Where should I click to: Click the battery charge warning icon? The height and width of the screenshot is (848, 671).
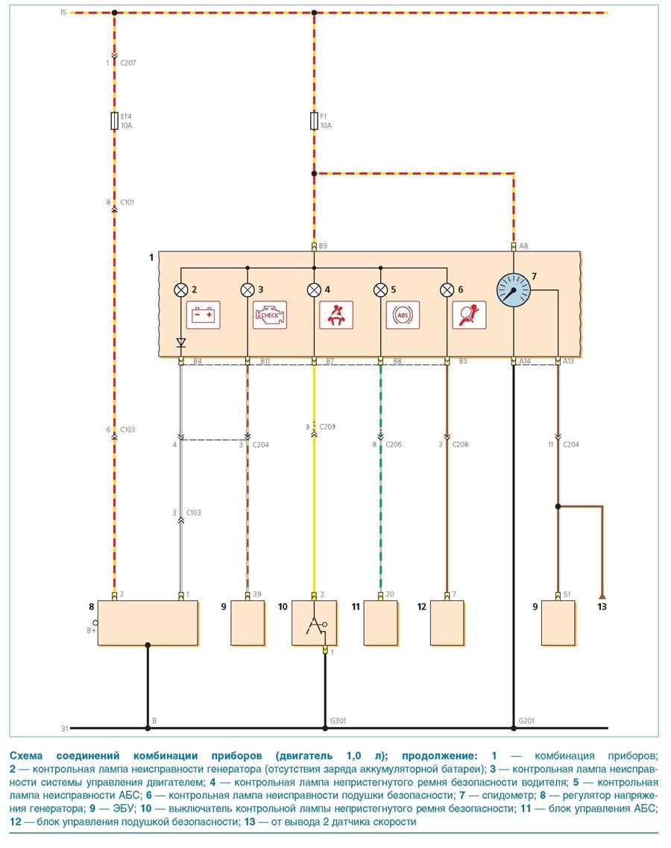click(204, 315)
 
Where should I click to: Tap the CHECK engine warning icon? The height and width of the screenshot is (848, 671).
click(269, 315)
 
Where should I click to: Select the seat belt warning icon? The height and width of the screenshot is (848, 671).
click(336, 315)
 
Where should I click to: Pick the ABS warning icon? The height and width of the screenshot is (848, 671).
click(403, 315)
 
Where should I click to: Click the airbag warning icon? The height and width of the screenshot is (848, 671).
click(469, 315)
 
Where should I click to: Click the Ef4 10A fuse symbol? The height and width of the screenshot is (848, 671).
click(114, 121)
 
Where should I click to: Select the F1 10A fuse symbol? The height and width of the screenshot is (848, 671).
click(314, 121)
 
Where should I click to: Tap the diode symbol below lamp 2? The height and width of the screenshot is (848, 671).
click(180, 343)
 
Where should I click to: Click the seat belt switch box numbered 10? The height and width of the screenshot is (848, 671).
click(314, 623)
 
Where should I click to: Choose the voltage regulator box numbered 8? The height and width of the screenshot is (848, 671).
click(148, 623)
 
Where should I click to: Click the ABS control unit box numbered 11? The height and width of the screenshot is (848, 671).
click(380, 623)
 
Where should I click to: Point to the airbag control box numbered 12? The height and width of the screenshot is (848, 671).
click(447, 623)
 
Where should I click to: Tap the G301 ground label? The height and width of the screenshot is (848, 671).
click(338, 720)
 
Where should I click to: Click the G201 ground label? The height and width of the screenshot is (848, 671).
click(527, 720)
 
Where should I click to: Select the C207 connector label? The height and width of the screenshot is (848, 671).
click(127, 63)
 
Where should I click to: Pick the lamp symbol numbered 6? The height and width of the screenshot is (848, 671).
click(447, 289)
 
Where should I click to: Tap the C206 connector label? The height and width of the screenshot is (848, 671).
click(394, 445)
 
